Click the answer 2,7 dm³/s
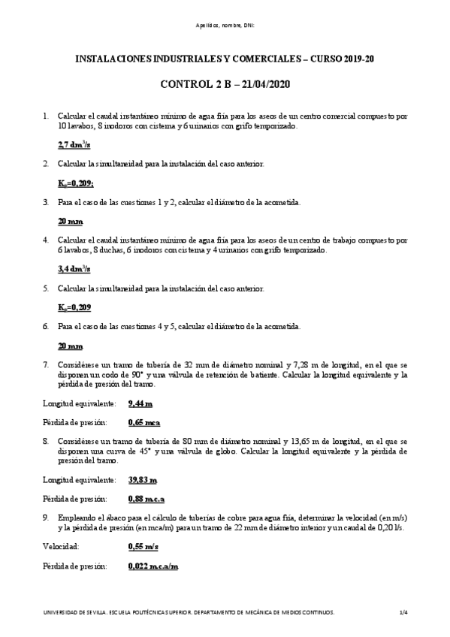(x=74, y=144)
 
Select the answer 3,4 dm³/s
(x=74, y=268)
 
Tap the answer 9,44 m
(x=140, y=403)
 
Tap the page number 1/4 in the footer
(x=403, y=613)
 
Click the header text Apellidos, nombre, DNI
(x=225, y=26)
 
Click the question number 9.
(x=46, y=517)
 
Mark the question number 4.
(x=46, y=240)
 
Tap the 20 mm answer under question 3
(x=71, y=222)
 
